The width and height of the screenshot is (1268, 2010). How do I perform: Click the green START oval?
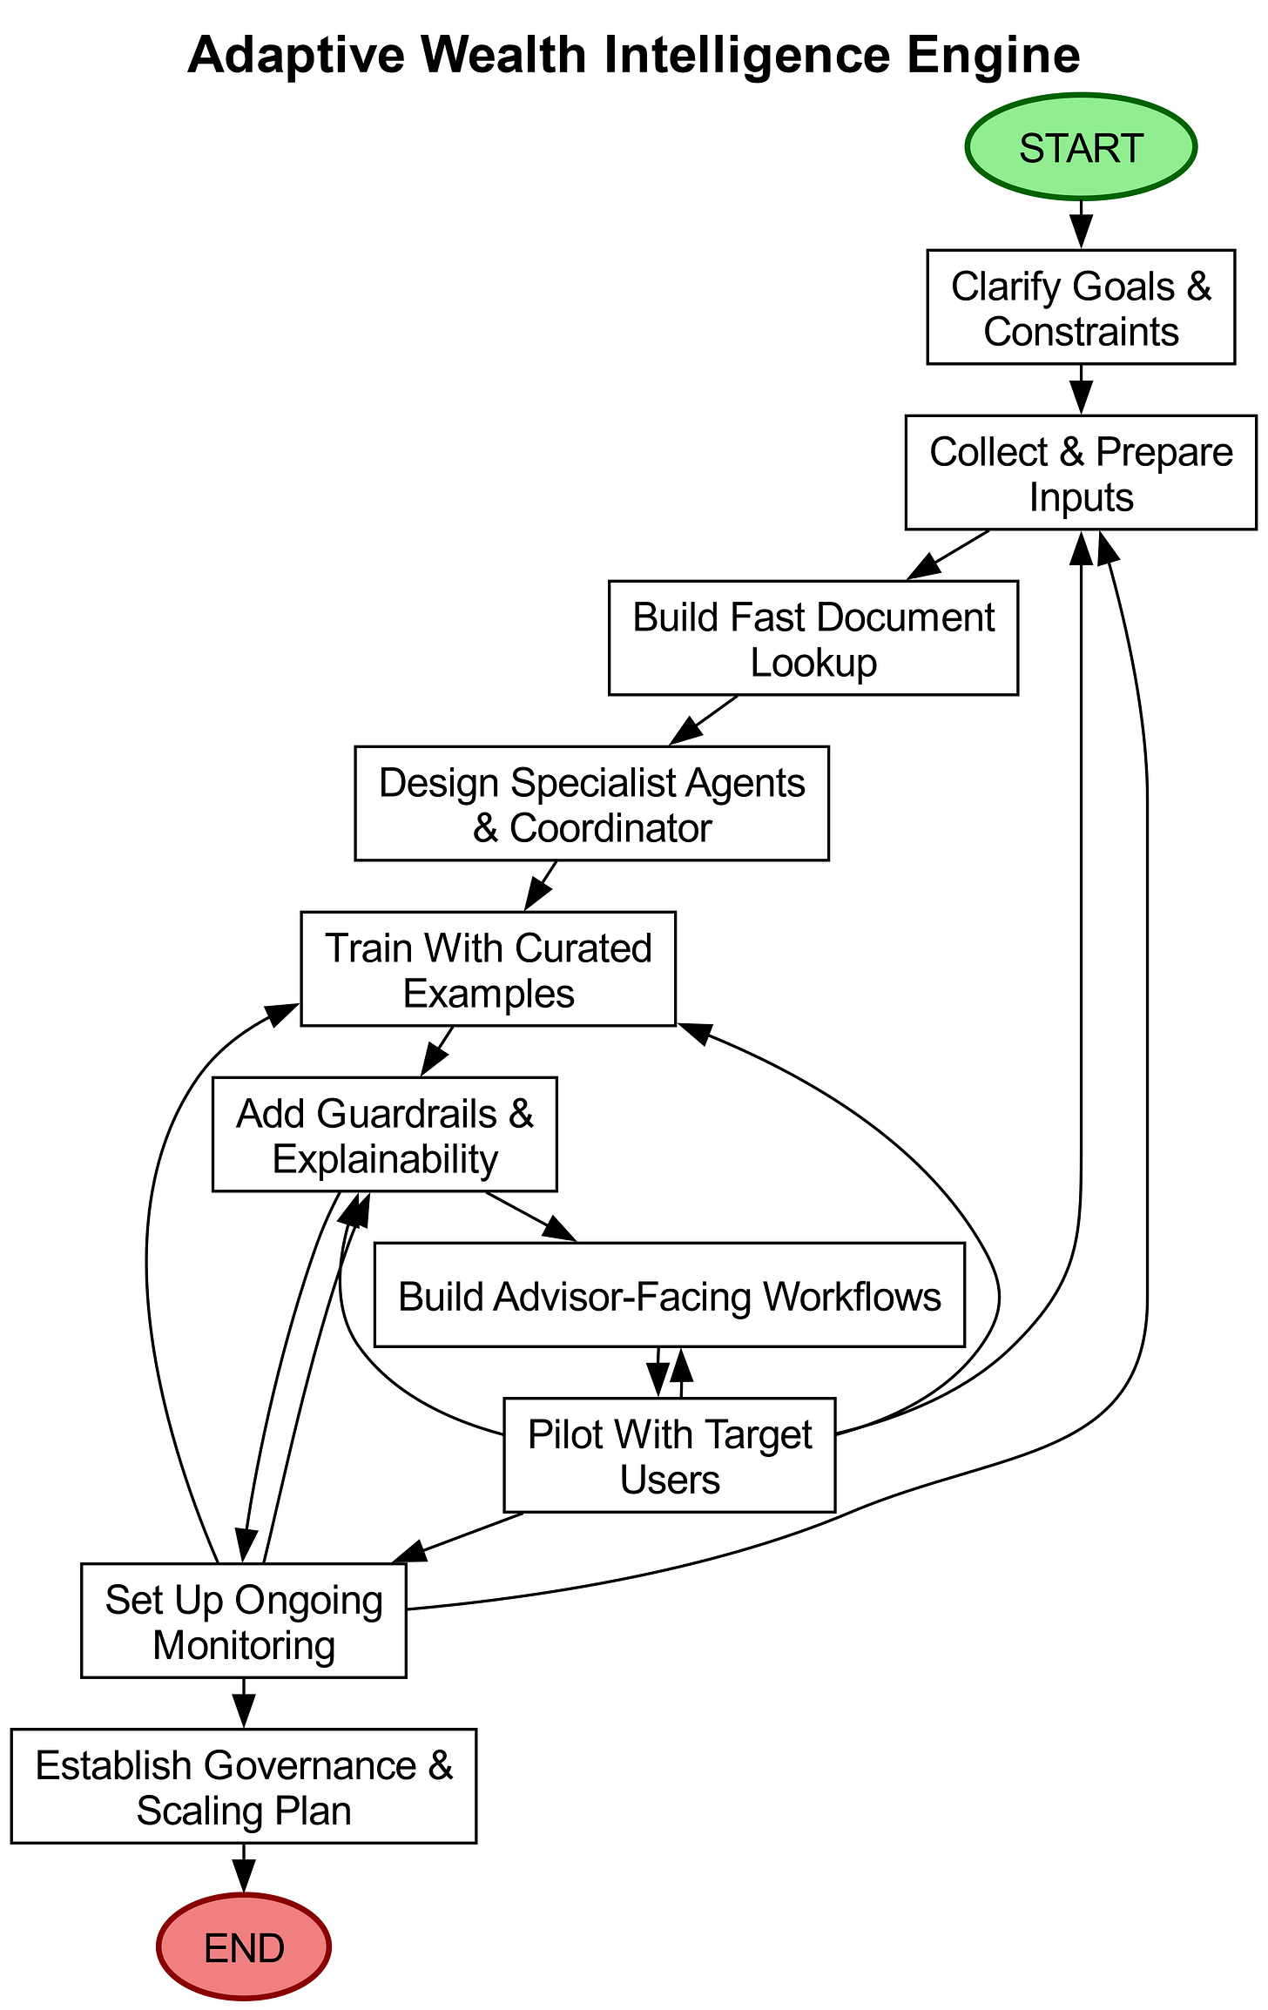tap(1080, 147)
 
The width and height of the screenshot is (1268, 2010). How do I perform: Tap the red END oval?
tap(244, 1947)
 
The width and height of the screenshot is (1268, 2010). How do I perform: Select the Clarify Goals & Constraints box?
tap(1080, 307)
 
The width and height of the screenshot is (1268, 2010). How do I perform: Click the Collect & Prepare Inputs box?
tap(1080, 473)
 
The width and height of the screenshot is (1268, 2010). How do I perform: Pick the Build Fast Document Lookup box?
tap(813, 638)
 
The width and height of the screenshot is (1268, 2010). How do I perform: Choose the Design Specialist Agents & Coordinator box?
tap(591, 804)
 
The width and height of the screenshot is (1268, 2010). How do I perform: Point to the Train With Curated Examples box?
tap(488, 969)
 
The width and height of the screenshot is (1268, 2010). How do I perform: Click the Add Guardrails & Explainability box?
tap(384, 1135)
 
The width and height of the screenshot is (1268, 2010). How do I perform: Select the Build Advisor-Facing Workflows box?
tap(669, 1297)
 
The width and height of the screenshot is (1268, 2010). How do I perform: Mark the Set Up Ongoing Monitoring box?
tap(244, 1622)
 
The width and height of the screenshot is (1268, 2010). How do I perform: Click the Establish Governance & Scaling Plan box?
tap(244, 1787)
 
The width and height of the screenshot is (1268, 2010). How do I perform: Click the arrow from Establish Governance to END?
tap(244, 1867)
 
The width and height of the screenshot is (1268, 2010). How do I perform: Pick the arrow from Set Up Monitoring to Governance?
tap(244, 1702)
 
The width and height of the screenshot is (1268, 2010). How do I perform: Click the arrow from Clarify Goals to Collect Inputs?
tap(1080, 388)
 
